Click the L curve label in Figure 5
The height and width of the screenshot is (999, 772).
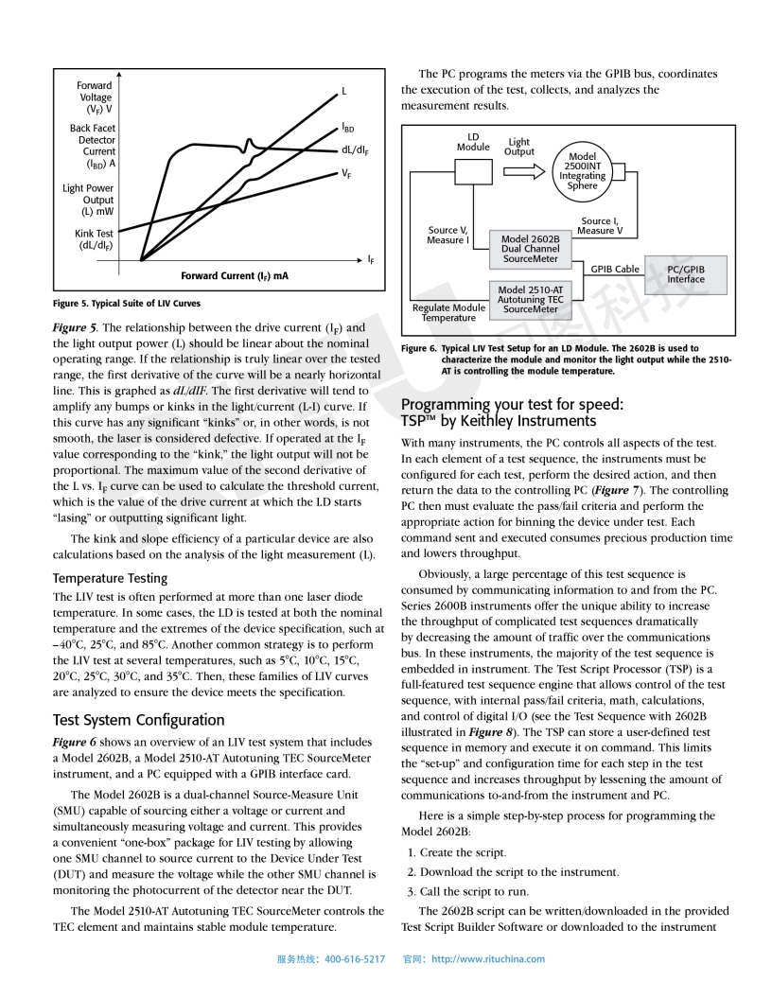[x=344, y=91]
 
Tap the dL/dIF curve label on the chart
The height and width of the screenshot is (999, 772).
[x=355, y=150]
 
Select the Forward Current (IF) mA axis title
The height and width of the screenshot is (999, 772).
[x=235, y=275]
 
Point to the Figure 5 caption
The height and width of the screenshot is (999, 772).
[x=126, y=304]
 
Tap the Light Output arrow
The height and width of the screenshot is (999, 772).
[x=519, y=171]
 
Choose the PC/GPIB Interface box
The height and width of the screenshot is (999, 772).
[x=686, y=273]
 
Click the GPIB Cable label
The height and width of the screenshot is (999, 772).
[x=615, y=269]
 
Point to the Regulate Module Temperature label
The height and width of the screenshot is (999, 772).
[x=448, y=312]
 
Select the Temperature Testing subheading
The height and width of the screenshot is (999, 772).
[x=110, y=577]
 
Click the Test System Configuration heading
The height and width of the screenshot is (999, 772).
[x=139, y=719]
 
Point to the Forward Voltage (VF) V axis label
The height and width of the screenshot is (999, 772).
[x=95, y=97]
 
